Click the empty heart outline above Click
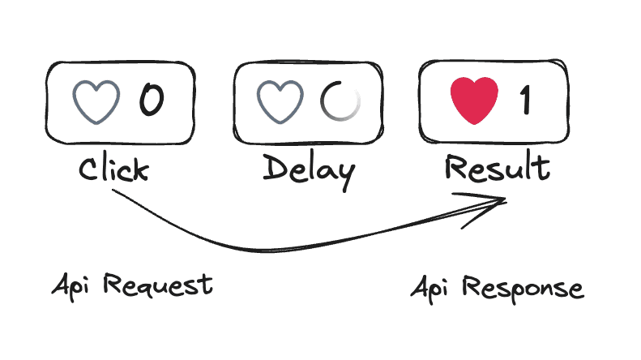pos(96,101)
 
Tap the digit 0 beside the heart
pos(152,101)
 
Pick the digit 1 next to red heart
pos(526,101)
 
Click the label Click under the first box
pos(113,169)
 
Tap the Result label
pos(498,168)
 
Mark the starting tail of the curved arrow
pos(113,191)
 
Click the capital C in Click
pos(90,169)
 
